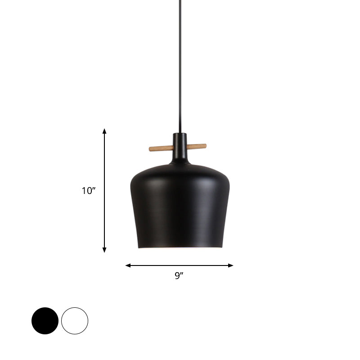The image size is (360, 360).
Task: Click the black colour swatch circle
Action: (45, 321)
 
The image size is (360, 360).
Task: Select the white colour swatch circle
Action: (75, 321)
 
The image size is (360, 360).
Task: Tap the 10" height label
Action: (89, 191)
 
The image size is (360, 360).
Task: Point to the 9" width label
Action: (180, 276)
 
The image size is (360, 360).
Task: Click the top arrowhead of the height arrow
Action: (104, 131)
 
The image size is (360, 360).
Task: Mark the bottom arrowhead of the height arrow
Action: (104, 250)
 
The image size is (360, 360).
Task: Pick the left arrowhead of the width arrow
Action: (128, 265)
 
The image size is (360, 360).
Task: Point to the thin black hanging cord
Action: (180, 67)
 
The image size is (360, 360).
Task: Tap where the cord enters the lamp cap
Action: (180, 133)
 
